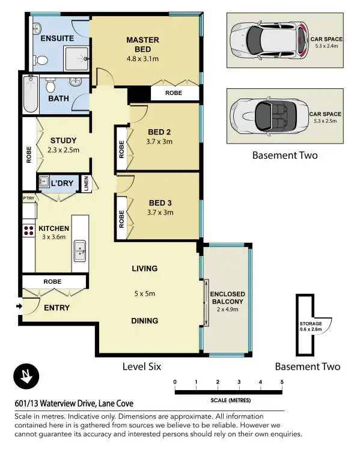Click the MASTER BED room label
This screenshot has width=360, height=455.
click(x=142, y=40)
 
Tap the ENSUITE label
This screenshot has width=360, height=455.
click(x=57, y=38)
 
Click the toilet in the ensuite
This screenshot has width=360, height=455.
click(x=40, y=60)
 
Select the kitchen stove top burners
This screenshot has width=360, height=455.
click(x=28, y=229)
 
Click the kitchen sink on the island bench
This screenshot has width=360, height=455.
click(x=80, y=252)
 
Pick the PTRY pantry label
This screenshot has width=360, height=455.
click(x=28, y=198)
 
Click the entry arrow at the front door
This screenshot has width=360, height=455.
click(x=19, y=307)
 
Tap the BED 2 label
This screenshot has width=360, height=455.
click(x=160, y=133)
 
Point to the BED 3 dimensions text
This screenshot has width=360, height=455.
click(x=160, y=212)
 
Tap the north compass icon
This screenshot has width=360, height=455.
click(x=26, y=377)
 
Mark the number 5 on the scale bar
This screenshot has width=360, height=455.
click(x=281, y=382)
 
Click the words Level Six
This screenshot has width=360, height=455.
click(x=141, y=366)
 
